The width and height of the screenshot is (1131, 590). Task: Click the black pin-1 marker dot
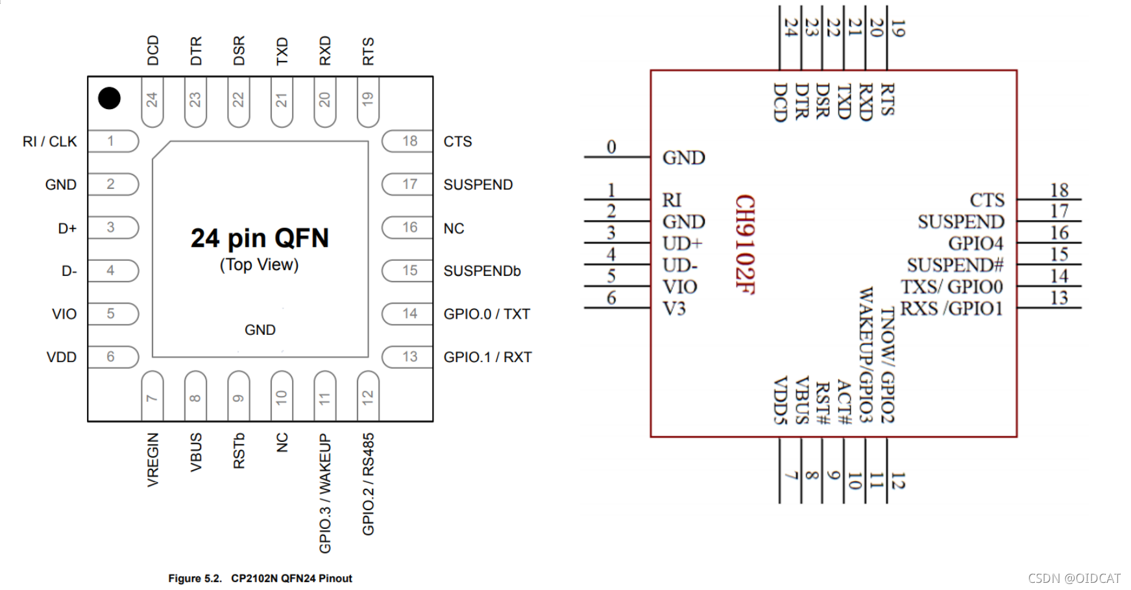(x=109, y=99)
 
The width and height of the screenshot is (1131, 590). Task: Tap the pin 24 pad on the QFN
(x=152, y=101)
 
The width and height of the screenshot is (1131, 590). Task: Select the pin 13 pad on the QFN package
(x=407, y=357)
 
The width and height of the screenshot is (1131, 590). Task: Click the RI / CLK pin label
(x=49, y=141)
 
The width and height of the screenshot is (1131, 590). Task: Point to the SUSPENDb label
(x=482, y=271)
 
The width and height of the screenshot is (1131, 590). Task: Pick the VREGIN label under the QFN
(x=152, y=460)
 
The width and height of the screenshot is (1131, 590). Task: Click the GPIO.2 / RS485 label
(x=368, y=484)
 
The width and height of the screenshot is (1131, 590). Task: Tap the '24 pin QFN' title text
(x=260, y=238)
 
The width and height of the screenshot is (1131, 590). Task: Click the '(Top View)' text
(x=259, y=265)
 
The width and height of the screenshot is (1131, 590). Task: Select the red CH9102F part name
(x=745, y=244)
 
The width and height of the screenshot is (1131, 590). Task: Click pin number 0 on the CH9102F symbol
(x=611, y=147)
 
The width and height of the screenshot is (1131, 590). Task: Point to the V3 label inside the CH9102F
(x=674, y=308)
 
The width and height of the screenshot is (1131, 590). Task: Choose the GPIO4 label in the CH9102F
(x=975, y=243)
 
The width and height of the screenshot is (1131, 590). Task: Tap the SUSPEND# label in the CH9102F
(x=955, y=265)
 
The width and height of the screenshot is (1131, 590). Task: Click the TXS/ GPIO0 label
(x=951, y=286)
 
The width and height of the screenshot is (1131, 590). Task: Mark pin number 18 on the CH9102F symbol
(x=1059, y=190)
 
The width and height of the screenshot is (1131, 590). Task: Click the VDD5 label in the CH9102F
(x=780, y=400)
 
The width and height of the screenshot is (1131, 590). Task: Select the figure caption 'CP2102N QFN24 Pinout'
(x=291, y=578)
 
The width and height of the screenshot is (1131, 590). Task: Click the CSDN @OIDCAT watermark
(x=1075, y=578)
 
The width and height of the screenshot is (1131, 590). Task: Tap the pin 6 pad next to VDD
(x=113, y=357)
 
